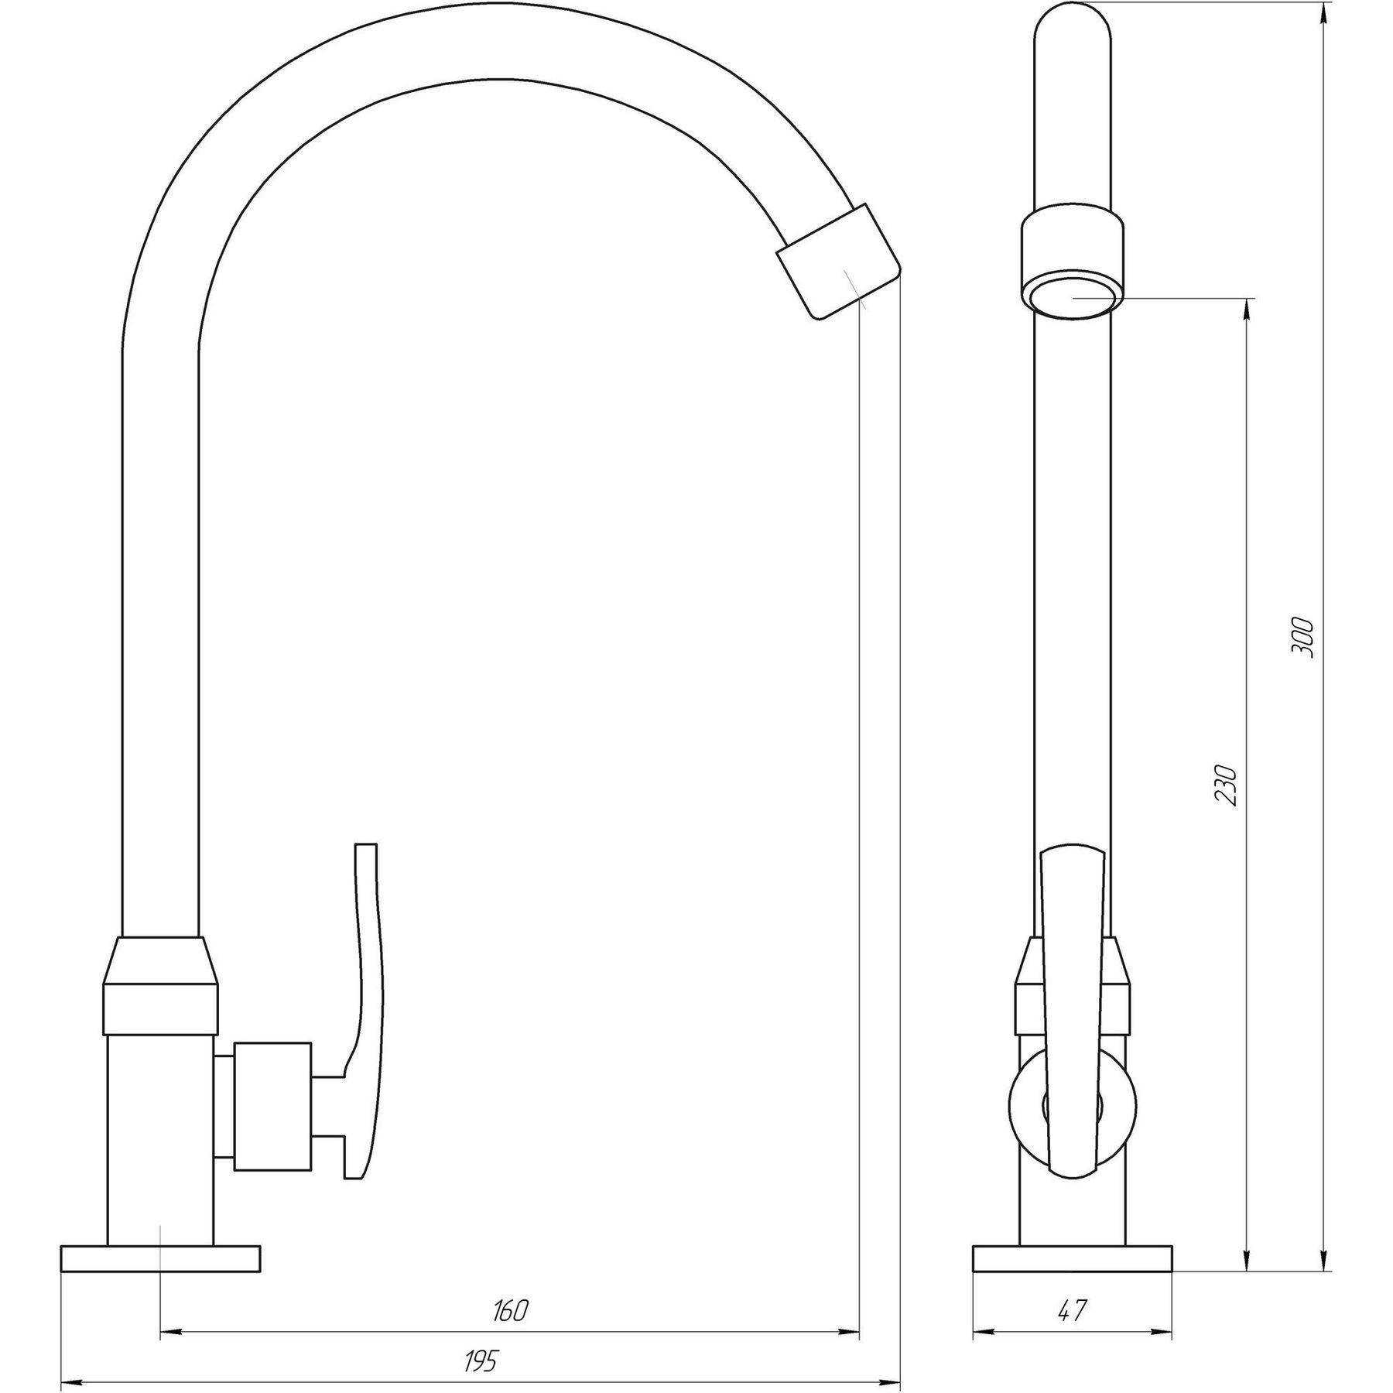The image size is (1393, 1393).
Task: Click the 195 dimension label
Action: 482,1360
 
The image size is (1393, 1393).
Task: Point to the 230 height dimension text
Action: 1227,785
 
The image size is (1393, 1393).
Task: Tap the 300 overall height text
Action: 1302,637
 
